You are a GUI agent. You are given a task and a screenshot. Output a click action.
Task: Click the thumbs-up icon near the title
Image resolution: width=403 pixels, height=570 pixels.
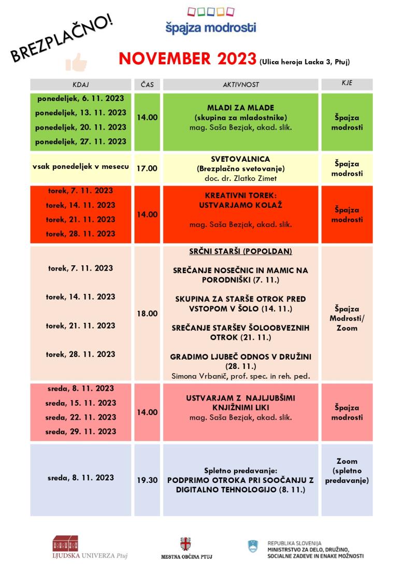[x=76, y=62]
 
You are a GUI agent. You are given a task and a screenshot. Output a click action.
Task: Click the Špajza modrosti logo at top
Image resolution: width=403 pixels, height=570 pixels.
[x=210, y=21]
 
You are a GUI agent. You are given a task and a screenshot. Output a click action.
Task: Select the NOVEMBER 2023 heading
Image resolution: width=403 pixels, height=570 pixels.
[x=187, y=59]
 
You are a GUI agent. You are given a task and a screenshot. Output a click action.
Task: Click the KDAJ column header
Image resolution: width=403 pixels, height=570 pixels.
[x=81, y=84]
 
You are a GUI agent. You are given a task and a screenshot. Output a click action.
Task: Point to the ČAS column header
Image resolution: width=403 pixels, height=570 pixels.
[x=147, y=84]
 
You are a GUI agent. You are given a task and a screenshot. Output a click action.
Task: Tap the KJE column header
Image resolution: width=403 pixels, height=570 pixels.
[x=347, y=83]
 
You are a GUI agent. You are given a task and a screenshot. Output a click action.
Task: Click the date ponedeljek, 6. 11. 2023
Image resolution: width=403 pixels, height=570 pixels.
[x=81, y=98]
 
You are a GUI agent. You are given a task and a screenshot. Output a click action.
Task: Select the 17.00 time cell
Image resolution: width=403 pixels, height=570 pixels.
[x=147, y=168]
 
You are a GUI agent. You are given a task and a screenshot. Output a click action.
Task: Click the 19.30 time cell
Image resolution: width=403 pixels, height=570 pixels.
[x=147, y=480]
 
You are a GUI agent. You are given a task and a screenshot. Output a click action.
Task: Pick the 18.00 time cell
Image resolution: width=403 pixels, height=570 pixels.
[x=147, y=313]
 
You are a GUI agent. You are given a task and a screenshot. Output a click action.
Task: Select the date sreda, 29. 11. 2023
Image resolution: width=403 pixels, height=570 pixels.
[x=80, y=431]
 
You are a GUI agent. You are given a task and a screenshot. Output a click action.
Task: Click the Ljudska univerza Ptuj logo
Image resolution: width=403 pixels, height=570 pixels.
[x=90, y=548]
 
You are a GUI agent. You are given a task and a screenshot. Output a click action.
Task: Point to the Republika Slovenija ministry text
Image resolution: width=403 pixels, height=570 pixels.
[x=315, y=548]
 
